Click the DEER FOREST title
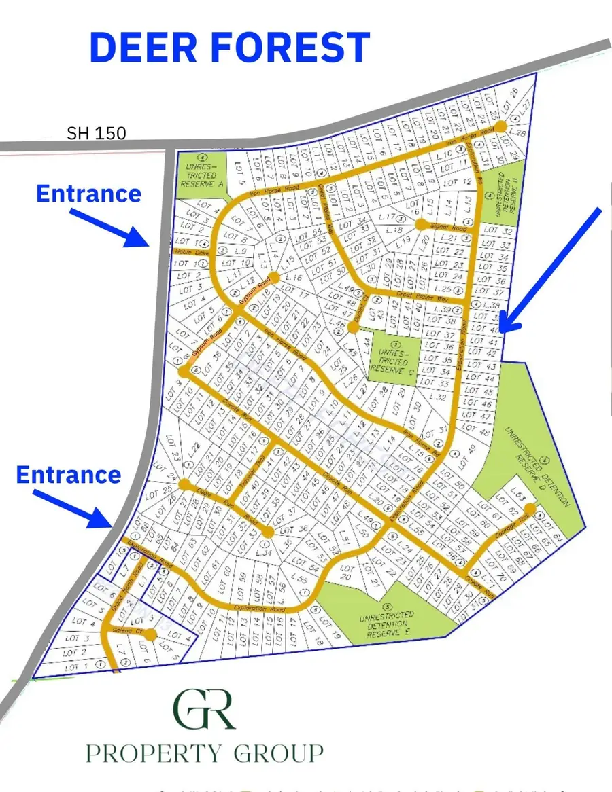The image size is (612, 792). pos(229,48)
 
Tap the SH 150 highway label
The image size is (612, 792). pos(96,133)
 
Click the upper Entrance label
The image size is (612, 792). pos(88,194)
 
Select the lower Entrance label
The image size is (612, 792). pos(68,474)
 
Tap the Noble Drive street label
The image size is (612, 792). pos(191,251)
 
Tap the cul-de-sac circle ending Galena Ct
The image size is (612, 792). pos(150,635)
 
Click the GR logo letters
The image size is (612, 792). pos(204,710)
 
